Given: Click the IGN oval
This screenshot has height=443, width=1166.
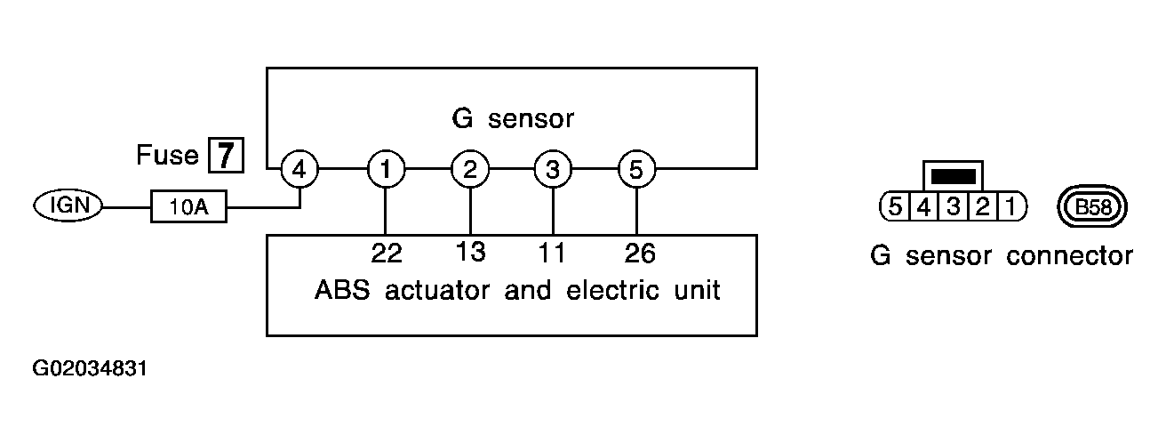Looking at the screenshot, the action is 68,205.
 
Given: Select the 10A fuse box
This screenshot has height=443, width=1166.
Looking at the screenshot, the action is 188,206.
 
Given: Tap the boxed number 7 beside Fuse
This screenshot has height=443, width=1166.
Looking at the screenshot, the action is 226,155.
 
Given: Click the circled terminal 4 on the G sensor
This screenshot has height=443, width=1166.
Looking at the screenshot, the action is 299,169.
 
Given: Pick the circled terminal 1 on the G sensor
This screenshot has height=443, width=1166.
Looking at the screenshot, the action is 386,169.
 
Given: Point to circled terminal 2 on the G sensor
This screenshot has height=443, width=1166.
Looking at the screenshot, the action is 470,169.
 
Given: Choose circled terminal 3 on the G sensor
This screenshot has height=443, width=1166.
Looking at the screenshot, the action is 553,169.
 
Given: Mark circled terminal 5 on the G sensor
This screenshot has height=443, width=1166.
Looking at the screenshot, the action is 636,169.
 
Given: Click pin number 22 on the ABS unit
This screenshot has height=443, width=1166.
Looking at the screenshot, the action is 387,254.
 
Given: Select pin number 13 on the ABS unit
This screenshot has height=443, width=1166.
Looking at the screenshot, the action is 470,253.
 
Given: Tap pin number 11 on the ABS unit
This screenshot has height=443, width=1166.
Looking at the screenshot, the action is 551,254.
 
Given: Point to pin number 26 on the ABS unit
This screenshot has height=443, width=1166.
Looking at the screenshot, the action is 640,254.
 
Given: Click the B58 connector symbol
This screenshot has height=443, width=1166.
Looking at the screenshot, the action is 1092,207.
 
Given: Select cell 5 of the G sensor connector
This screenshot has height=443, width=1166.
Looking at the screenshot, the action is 894,206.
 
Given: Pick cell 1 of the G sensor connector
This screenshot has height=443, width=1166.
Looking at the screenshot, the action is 1012,206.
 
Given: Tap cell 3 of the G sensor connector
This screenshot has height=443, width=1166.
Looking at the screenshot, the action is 953,206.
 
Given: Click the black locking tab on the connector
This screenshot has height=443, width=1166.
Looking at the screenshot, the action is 953,177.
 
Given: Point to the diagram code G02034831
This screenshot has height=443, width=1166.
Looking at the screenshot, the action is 90,368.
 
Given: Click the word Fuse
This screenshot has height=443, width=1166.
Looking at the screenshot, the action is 167,155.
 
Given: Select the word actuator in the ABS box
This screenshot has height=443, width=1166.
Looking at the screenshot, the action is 437,290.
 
